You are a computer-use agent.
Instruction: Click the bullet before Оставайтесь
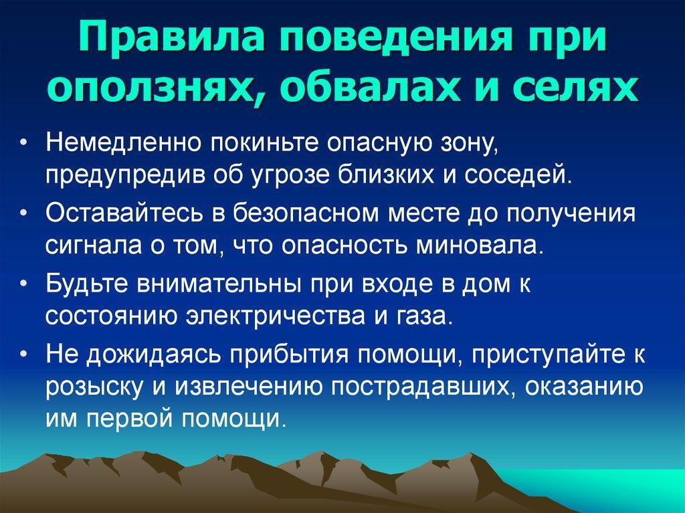(25, 213)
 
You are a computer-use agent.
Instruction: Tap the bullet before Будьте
(25, 284)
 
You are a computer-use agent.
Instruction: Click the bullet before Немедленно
(25, 143)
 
